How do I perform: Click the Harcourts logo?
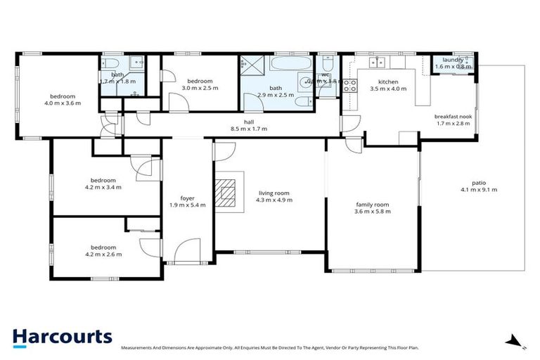click(x=62, y=336)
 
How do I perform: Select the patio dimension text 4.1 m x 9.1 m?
click(x=473, y=190)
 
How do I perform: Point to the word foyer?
click(x=187, y=199)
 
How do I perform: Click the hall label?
click(x=248, y=121)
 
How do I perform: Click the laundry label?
click(x=449, y=60)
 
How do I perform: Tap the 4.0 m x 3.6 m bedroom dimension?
click(x=63, y=103)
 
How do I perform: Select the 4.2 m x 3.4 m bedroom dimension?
click(x=103, y=187)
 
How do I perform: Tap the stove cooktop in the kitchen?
click(x=349, y=86)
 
